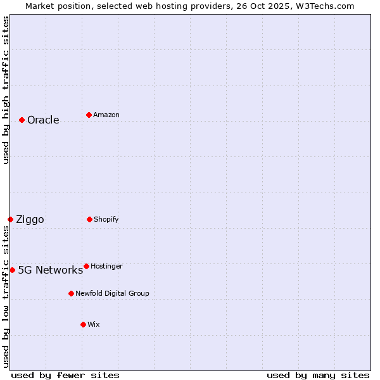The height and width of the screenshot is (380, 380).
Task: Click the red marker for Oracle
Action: (x=22, y=120)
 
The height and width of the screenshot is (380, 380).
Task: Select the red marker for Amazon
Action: (x=89, y=115)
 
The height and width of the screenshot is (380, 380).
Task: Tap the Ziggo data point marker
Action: (x=10, y=219)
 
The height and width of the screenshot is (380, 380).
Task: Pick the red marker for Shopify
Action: (x=89, y=219)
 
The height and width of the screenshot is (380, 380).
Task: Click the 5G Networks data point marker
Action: (x=12, y=270)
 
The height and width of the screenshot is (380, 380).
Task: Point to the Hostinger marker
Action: (x=86, y=266)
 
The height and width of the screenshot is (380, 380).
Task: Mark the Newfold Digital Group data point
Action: (x=71, y=293)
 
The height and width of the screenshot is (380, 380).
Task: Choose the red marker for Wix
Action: (x=83, y=324)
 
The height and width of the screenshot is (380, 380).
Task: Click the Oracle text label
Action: (x=43, y=120)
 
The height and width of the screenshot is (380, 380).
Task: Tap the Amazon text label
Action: (x=106, y=115)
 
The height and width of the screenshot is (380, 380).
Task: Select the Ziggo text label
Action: (x=30, y=220)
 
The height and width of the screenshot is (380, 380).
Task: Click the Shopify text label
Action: (x=106, y=220)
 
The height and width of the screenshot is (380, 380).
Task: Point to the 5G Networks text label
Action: (x=50, y=270)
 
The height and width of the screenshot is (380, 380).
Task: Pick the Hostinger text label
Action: (x=106, y=267)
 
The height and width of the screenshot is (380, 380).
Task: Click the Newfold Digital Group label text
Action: (x=112, y=294)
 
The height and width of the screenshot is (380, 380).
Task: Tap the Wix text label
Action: (x=94, y=325)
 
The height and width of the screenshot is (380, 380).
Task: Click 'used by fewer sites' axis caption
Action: (x=65, y=376)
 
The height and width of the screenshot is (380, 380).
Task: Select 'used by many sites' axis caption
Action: (x=318, y=376)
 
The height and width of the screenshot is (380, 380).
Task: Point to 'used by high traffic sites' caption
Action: (x=6, y=90)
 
